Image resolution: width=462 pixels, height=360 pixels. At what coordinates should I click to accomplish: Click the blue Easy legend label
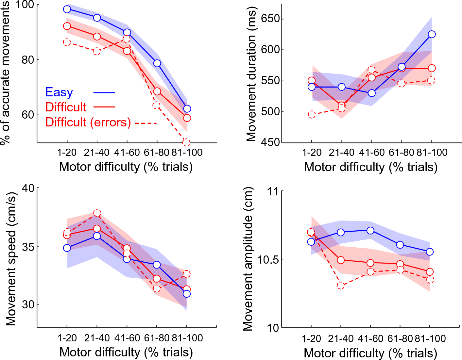point(59,92)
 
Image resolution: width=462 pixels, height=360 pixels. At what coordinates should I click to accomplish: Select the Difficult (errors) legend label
point(88,122)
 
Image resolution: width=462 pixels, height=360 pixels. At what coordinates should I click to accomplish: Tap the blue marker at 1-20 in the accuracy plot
point(67,9)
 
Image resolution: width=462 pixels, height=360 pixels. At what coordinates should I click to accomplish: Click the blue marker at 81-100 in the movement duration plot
point(432,34)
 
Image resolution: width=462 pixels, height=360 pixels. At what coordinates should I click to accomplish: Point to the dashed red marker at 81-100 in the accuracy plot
point(186,142)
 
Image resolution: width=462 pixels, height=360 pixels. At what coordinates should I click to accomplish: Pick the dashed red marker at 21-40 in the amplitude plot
point(341,286)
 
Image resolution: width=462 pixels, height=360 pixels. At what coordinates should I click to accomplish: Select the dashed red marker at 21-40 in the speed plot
point(97,213)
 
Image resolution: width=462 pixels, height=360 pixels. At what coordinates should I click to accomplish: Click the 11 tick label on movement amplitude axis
point(273,191)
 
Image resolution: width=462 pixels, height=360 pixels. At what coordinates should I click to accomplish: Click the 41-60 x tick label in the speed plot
point(127,338)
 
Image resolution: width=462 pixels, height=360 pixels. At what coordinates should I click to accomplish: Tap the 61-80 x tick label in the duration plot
point(401,153)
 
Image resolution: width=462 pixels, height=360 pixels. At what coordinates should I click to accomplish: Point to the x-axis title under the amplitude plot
point(370,353)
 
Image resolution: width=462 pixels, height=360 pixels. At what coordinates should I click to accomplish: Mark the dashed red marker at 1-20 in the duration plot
point(312,114)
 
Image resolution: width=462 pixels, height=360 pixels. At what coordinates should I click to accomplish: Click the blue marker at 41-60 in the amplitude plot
point(370,231)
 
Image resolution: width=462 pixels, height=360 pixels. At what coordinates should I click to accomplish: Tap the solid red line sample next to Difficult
point(104,107)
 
